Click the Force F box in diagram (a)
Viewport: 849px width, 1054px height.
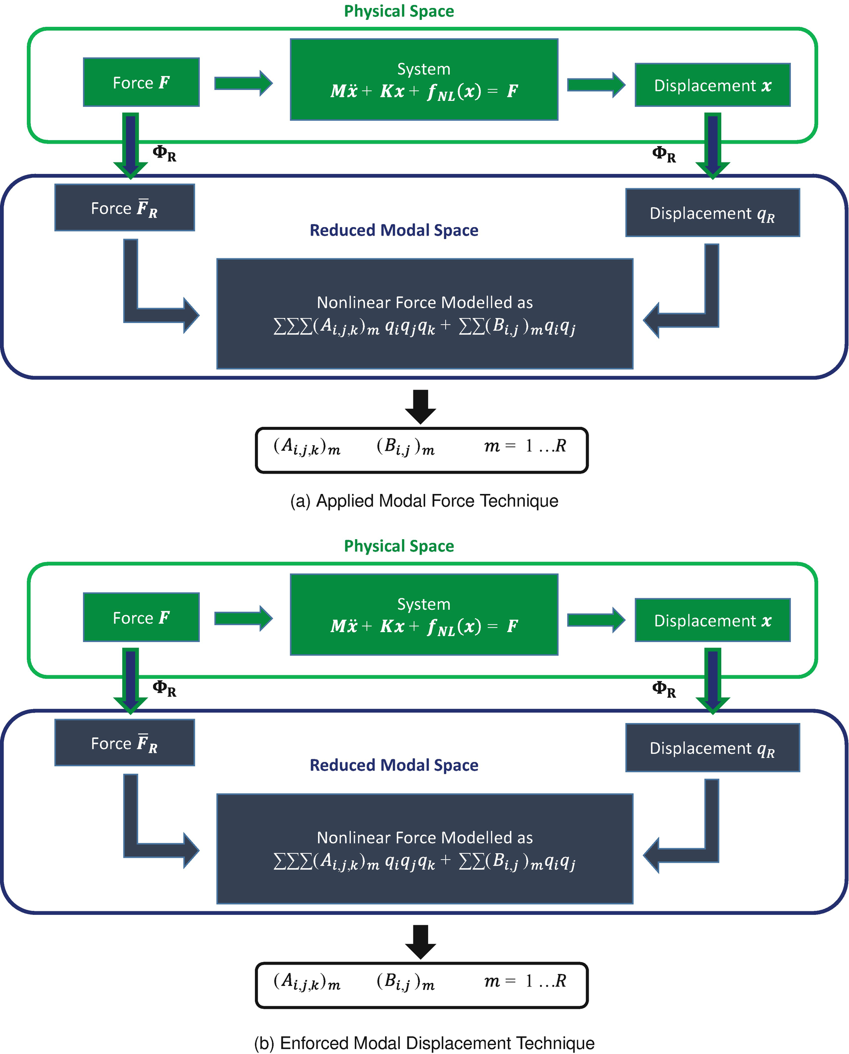click(141, 82)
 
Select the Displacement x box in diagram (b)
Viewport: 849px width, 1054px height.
click(712, 620)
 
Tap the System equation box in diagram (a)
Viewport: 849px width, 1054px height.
click(424, 80)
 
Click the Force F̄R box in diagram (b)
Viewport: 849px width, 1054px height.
click(124, 742)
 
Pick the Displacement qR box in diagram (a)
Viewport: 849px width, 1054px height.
click(712, 213)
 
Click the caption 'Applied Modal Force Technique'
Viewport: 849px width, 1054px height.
click(424, 500)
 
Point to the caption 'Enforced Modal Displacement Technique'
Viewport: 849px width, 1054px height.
click(424, 1043)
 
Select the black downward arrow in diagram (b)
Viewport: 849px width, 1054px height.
click(420, 941)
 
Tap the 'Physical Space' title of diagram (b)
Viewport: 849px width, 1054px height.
click(399, 546)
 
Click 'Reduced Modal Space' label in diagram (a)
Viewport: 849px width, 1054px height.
click(393, 230)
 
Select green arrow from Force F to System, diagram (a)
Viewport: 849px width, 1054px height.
click(243, 83)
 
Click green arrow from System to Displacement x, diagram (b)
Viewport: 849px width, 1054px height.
click(596, 620)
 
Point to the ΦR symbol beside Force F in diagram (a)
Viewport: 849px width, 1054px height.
click(164, 153)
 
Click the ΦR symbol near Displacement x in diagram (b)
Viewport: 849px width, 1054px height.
click(664, 689)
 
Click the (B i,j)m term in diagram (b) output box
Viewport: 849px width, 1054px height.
click(405, 981)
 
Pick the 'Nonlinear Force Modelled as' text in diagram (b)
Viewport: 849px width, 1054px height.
click(425, 837)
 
